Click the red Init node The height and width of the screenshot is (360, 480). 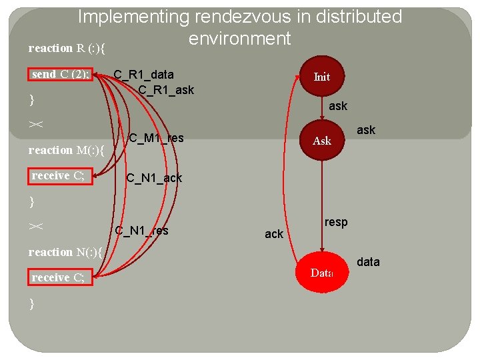click(322, 77)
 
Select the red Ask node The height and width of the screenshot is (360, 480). click(322, 141)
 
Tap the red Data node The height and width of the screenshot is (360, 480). click(322, 273)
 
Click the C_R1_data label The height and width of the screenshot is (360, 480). click(143, 75)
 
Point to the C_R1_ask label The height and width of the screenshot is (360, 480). click(166, 89)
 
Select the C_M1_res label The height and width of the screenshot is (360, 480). click(156, 138)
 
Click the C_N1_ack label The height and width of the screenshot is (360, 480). click(154, 178)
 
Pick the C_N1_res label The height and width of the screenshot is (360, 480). click(141, 231)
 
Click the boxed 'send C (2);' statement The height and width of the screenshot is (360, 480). click(60, 74)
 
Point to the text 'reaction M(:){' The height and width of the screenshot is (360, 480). click(67, 150)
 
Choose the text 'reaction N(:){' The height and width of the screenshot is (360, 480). click(65, 252)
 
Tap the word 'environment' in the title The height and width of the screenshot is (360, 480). click(240, 39)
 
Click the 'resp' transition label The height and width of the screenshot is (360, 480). click(336, 223)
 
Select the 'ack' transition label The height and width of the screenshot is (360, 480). click(274, 234)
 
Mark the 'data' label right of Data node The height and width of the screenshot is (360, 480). click(368, 262)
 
